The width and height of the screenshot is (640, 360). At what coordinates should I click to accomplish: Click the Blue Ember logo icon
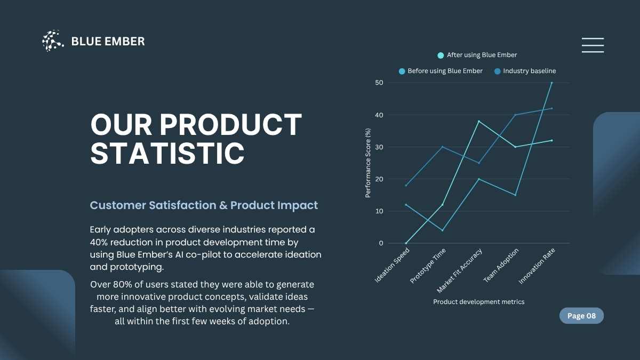point(53,41)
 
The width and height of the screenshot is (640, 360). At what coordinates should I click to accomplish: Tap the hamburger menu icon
point(593,45)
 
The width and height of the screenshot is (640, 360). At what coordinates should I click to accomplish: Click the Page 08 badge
point(581,316)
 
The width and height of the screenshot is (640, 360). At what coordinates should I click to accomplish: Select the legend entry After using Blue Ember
point(477,55)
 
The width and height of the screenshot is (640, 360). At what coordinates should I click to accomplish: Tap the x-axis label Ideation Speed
point(393,265)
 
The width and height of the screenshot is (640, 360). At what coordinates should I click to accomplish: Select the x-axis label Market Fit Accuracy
point(460,270)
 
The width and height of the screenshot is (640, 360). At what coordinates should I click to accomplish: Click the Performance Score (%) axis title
point(368,163)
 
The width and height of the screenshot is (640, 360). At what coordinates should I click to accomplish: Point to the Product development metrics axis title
point(478,302)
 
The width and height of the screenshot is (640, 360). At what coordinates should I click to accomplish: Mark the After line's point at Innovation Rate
point(551,83)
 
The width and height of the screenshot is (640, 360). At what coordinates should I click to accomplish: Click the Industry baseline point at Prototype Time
point(442,147)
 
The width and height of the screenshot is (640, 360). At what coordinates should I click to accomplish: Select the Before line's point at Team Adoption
point(515,195)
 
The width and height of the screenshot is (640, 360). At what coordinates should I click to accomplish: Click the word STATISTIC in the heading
point(167,153)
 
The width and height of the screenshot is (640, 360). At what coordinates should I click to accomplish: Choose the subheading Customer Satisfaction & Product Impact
point(204,205)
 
